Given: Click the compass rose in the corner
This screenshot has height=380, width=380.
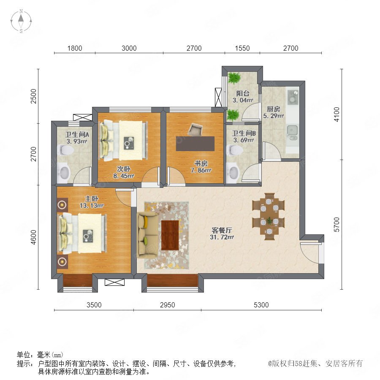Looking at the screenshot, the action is [21, 21].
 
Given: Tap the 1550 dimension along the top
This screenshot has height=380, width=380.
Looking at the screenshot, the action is [242, 48].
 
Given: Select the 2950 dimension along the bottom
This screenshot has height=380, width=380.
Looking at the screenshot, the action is [167, 305].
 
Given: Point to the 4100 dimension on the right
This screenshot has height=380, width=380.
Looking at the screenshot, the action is [337, 114].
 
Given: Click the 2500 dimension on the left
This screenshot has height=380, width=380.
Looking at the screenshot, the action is [33, 96].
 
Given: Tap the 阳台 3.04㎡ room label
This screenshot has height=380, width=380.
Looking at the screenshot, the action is [243, 97].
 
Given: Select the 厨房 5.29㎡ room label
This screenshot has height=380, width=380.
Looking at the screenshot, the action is [273, 112].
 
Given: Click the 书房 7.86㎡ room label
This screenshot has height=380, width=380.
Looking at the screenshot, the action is [201, 167].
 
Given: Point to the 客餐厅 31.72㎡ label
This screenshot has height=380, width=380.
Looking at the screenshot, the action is [222, 233].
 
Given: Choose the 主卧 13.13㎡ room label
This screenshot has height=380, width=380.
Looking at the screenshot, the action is [92, 202].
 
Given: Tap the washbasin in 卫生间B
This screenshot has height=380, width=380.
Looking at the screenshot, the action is [233, 171].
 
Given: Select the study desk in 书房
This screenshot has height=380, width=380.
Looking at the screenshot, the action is [195, 144].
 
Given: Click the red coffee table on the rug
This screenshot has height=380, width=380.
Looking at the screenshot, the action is [170, 235].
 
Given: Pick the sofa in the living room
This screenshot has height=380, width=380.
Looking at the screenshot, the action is [147, 235].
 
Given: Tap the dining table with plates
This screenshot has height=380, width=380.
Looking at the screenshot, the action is [269, 217].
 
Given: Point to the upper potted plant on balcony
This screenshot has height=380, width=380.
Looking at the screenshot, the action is [234, 78].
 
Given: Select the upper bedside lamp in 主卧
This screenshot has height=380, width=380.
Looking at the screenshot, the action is [62, 205].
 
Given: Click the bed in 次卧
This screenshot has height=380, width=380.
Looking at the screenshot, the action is [124, 141].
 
